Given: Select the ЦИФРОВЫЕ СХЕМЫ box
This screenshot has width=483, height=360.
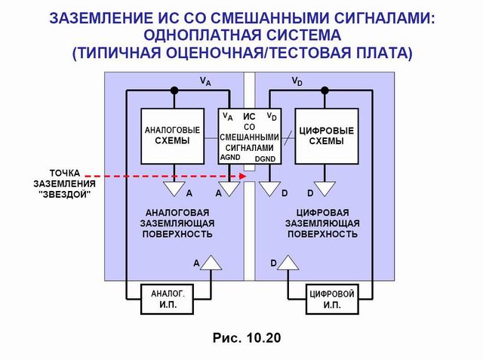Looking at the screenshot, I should coord(326,136).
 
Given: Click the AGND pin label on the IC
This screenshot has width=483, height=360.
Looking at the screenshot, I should coord(230,158).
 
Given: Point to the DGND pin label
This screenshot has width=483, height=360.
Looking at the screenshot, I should coord(265,159).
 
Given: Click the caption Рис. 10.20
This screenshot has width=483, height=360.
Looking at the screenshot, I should coord(241,337).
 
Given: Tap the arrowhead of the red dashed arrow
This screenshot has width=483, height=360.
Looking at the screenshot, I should coord(243,177).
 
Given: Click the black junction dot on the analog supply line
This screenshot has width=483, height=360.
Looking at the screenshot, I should coord(174,90).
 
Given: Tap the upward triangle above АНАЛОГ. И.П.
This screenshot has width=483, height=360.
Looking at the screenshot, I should coord(212,261).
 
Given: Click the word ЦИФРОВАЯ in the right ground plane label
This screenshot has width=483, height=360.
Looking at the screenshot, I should coord(321,213).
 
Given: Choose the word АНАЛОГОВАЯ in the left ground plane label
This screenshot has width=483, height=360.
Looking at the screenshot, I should coord(178,213).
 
